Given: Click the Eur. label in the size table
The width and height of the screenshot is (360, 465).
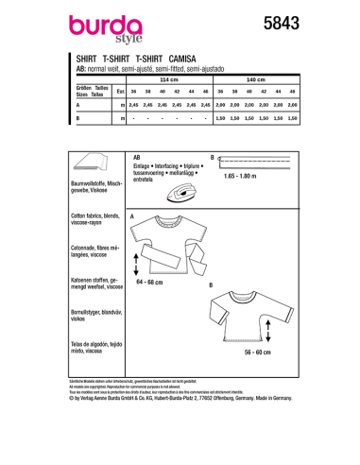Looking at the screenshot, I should tap(120, 93).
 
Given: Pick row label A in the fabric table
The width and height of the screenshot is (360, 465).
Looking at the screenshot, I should tap(77, 105).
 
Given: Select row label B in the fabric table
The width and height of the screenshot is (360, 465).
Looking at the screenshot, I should tap(77, 118).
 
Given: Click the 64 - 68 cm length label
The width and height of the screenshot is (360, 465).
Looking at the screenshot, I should tap(154, 281).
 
